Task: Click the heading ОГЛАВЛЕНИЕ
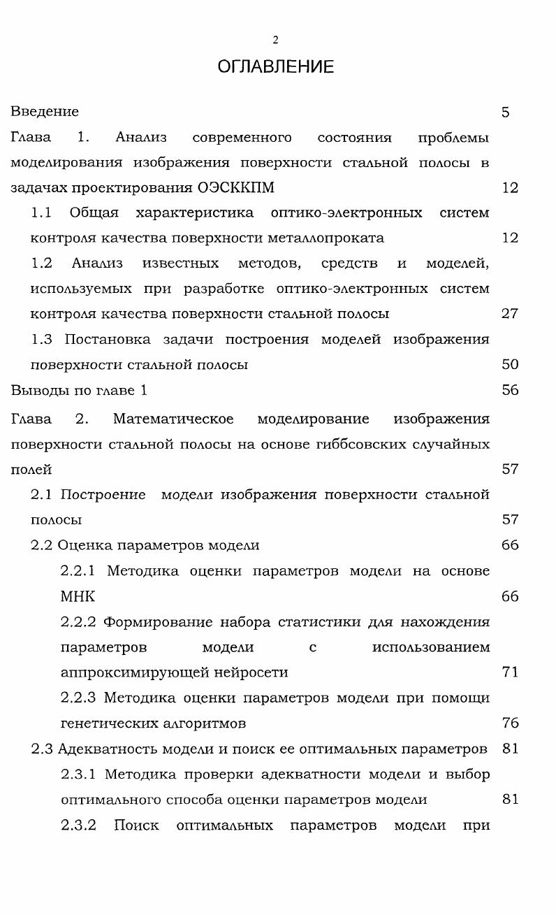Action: (275, 66)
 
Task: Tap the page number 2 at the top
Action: (275, 40)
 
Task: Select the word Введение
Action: (45, 112)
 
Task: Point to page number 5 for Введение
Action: (505, 112)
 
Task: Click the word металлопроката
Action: (325, 238)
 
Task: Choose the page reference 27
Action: (510, 314)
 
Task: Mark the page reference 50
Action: (510, 365)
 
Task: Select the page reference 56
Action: (510, 390)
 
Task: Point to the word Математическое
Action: (173, 419)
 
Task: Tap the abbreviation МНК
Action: (78, 597)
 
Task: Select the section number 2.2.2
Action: (78, 622)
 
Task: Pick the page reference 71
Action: (510, 673)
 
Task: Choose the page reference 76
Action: (510, 723)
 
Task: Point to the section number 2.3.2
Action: (78, 826)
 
